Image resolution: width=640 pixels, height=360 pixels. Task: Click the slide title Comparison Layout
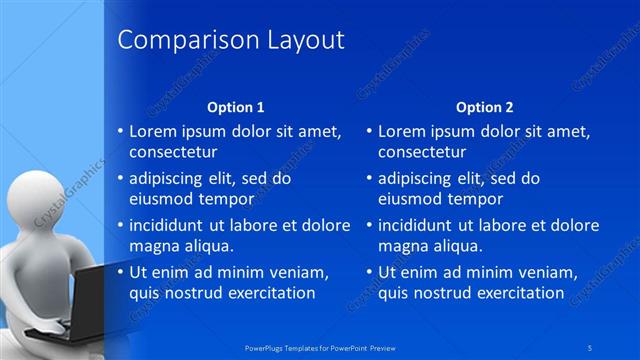[231, 40]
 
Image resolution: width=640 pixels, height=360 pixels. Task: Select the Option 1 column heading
[236, 106]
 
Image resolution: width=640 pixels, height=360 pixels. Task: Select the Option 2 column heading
[485, 106]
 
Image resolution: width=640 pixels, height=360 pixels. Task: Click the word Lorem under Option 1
[154, 131]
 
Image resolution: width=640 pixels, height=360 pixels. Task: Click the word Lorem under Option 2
[403, 131]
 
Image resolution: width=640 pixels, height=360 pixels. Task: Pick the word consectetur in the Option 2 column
[422, 152]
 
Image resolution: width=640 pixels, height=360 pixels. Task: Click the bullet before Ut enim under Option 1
[121, 272]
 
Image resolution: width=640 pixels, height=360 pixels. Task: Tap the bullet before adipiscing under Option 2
[370, 178]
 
